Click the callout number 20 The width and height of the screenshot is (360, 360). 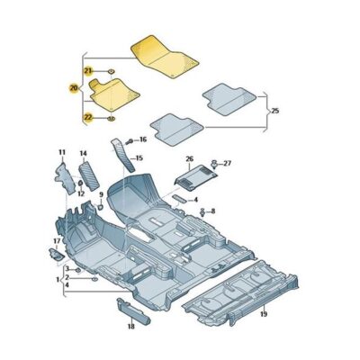click(x=74, y=88)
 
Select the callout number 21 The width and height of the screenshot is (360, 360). click(x=88, y=70)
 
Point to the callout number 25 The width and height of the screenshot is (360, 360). click(x=274, y=111)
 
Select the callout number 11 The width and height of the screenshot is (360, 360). click(x=62, y=152)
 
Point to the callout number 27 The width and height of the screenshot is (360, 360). click(x=227, y=163)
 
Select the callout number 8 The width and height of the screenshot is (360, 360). click(x=212, y=210)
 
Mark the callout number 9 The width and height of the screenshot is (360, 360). click(x=101, y=194)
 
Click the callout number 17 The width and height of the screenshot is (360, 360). click(x=56, y=241)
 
